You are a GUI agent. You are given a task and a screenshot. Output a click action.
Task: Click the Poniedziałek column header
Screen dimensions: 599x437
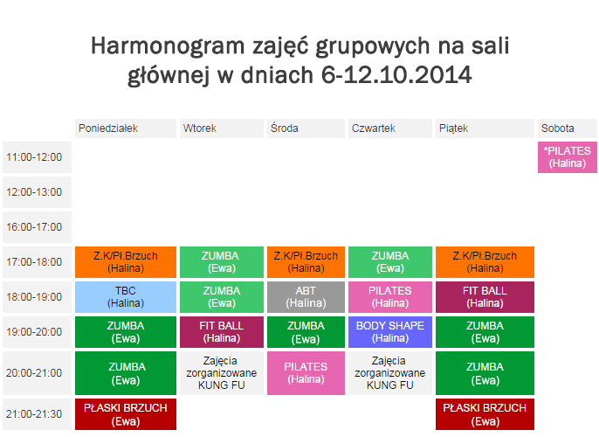point(126,128)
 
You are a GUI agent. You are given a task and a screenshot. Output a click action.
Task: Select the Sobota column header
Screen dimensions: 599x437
point(568,128)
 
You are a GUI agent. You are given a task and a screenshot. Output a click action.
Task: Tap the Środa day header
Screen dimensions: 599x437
point(306,128)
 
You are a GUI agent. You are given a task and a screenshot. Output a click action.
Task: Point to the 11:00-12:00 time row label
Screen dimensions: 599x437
point(37,157)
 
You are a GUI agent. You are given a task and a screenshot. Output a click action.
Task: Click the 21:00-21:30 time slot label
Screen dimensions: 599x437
point(37,414)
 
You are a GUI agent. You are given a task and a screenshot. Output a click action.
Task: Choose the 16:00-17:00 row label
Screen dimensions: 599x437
point(37,227)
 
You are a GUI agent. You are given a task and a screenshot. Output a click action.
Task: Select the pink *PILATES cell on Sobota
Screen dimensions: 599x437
point(568,157)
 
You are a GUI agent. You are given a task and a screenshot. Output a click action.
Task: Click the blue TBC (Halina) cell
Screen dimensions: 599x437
point(126,297)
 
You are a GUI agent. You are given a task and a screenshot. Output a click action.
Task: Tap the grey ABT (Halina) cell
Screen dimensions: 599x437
point(306,297)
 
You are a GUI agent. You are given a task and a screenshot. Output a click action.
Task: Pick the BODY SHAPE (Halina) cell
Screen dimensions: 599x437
point(390,332)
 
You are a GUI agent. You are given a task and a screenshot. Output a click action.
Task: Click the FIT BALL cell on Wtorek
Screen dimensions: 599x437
point(222,332)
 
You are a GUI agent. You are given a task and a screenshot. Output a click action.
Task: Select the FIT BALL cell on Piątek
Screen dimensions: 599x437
point(485,297)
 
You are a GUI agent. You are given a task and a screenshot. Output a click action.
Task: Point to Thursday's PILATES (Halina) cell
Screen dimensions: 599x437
point(390,297)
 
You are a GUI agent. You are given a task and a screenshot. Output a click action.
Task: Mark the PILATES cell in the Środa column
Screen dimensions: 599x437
point(306,373)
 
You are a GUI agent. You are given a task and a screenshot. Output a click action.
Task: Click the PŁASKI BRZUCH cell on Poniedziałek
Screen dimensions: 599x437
point(126,414)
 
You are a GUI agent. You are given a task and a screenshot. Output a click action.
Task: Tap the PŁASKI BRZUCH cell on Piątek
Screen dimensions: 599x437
point(485,414)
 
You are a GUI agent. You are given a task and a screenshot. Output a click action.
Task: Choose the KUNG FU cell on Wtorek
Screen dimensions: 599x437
point(222,373)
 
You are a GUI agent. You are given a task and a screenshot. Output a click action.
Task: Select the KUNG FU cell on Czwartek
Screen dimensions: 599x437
point(390,373)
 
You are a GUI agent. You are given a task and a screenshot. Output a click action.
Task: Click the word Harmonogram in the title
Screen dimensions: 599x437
point(168,45)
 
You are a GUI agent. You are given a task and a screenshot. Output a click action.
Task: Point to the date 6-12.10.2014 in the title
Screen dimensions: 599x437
point(396,74)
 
